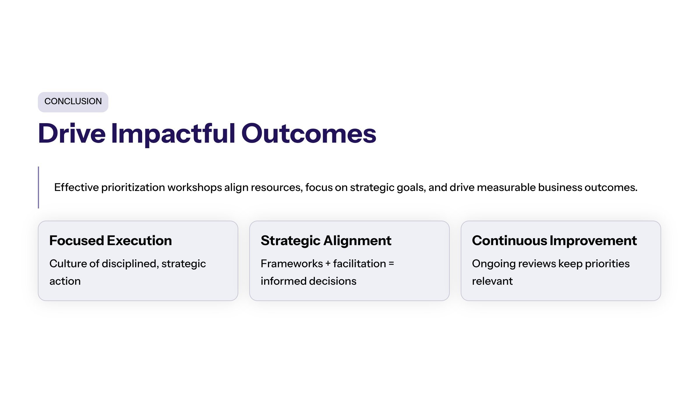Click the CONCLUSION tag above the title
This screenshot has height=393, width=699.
coord(73,102)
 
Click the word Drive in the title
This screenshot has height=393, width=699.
coord(72,134)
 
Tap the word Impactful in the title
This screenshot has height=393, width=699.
coord(173,134)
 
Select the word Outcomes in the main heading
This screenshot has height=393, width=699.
coord(309,134)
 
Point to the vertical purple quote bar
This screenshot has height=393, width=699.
coord(38,187)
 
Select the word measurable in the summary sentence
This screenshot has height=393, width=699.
coord(506,187)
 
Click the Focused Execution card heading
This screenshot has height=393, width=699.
coord(111,241)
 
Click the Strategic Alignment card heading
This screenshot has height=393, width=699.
coord(326,241)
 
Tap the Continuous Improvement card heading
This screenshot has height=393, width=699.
coord(555,241)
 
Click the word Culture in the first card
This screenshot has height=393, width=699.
coord(68,264)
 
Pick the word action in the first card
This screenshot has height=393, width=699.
coord(65,281)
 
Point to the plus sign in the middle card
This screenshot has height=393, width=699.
coord(328,264)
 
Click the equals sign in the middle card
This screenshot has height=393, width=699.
coord(391,264)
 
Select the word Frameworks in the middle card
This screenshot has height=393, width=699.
coord(292,264)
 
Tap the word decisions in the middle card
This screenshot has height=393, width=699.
coord(333,281)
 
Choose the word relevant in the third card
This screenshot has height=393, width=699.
coord(492,281)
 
